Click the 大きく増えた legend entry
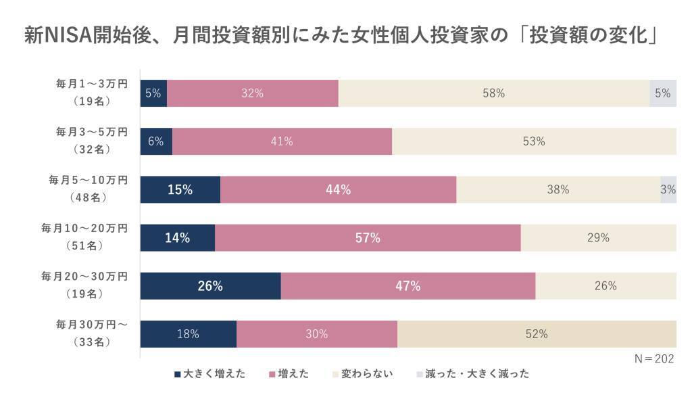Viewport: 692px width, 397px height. [x=209, y=373]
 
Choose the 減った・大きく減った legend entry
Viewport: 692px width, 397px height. [x=472, y=373]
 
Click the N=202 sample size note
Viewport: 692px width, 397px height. [x=655, y=358]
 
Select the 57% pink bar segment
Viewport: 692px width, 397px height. [x=368, y=237]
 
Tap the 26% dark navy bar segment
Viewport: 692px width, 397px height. [x=210, y=285]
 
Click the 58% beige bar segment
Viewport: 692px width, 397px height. [x=493, y=93]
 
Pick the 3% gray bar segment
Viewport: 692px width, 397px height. [x=668, y=189]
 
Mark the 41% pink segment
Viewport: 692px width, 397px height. [x=282, y=141]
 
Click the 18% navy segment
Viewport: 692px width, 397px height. [x=188, y=333]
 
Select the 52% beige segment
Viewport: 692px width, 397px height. [x=537, y=333]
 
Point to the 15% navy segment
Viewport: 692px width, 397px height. [x=180, y=189]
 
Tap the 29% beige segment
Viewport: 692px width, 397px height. [x=598, y=237]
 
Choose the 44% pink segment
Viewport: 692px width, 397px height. [x=338, y=189]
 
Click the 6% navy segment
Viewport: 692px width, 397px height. [x=156, y=141]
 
